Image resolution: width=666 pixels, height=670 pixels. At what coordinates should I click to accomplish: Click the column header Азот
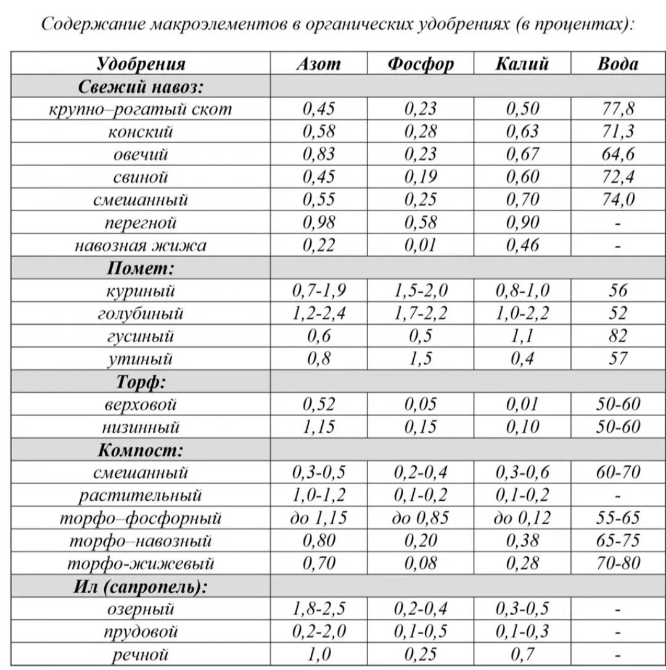[318, 64]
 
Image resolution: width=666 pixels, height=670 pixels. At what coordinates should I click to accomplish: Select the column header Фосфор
[421, 64]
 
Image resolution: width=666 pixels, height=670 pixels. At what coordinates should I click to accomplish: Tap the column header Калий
[522, 64]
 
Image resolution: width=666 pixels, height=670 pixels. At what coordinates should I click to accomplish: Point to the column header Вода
[618, 64]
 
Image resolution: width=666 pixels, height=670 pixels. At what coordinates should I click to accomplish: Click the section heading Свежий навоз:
[141, 86]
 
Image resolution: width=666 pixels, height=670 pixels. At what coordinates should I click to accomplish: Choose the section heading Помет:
[141, 268]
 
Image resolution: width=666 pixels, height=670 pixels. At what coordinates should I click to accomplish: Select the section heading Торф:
[141, 382]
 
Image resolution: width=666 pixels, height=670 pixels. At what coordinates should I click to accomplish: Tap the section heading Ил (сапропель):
[141, 587]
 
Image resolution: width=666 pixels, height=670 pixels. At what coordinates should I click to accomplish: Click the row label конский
[141, 132]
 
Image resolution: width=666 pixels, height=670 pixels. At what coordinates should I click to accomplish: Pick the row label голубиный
[141, 313]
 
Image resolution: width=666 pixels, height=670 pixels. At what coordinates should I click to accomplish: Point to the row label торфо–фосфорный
[141, 518]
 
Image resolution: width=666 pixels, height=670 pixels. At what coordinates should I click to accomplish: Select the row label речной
[141, 655]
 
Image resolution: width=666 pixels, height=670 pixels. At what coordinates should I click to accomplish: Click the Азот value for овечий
[318, 154]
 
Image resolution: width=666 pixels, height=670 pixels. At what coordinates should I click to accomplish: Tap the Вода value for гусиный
[618, 336]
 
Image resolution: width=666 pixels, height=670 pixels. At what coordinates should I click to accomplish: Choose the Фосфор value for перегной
[421, 222]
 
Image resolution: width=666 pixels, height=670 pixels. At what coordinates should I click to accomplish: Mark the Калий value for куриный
[522, 290]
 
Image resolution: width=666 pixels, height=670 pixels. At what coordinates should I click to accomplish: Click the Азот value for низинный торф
[318, 427]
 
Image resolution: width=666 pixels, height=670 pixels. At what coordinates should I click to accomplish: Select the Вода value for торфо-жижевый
[618, 563]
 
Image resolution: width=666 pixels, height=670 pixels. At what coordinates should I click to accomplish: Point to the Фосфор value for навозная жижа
[421, 245]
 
